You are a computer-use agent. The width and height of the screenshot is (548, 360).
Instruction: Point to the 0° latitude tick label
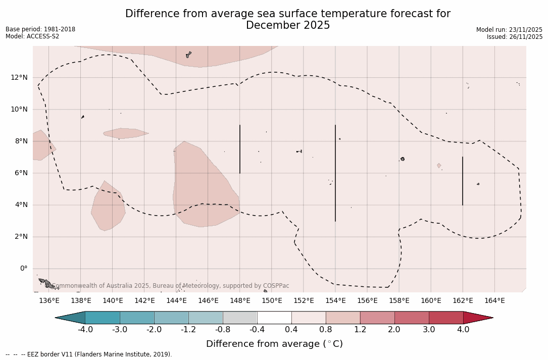tap(24, 269)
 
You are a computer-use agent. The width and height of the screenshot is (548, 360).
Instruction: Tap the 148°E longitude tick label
tap(240, 301)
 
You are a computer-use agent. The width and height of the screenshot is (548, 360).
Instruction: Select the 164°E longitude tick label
tap(494, 301)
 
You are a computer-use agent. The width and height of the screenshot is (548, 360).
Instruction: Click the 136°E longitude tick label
tap(49, 301)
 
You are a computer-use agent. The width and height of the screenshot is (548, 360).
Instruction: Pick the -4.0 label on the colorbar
tap(85, 330)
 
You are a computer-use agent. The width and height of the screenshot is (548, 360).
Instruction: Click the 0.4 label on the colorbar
tap(291, 330)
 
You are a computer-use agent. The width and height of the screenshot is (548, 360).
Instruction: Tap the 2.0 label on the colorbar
tap(394, 330)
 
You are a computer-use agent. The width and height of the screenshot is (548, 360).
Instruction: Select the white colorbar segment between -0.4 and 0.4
tap(274, 318)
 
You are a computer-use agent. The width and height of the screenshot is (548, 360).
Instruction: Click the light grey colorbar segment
tap(240, 318)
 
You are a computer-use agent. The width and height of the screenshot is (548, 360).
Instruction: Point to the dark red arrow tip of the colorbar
tap(477, 318)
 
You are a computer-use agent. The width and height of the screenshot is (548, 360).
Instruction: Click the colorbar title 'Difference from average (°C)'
tap(274, 344)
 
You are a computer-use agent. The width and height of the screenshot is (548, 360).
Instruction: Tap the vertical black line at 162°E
tap(462, 181)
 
